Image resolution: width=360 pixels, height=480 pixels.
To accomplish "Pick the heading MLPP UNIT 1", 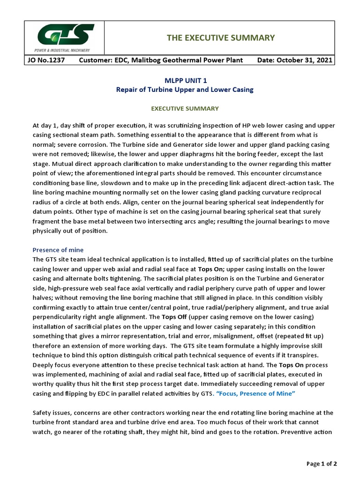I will click(185, 81).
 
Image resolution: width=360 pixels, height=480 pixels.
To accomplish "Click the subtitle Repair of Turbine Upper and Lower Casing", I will click(185, 90).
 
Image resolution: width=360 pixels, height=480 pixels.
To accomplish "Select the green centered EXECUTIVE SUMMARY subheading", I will click(185, 108).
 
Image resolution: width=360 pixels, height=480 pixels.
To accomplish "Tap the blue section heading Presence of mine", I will click(58, 250).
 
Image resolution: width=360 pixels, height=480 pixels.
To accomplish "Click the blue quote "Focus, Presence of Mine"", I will click(255, 393).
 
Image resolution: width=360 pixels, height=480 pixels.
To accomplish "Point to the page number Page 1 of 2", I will click(322, 464).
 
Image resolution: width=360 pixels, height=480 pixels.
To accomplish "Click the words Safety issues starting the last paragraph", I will click(51, 412).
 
